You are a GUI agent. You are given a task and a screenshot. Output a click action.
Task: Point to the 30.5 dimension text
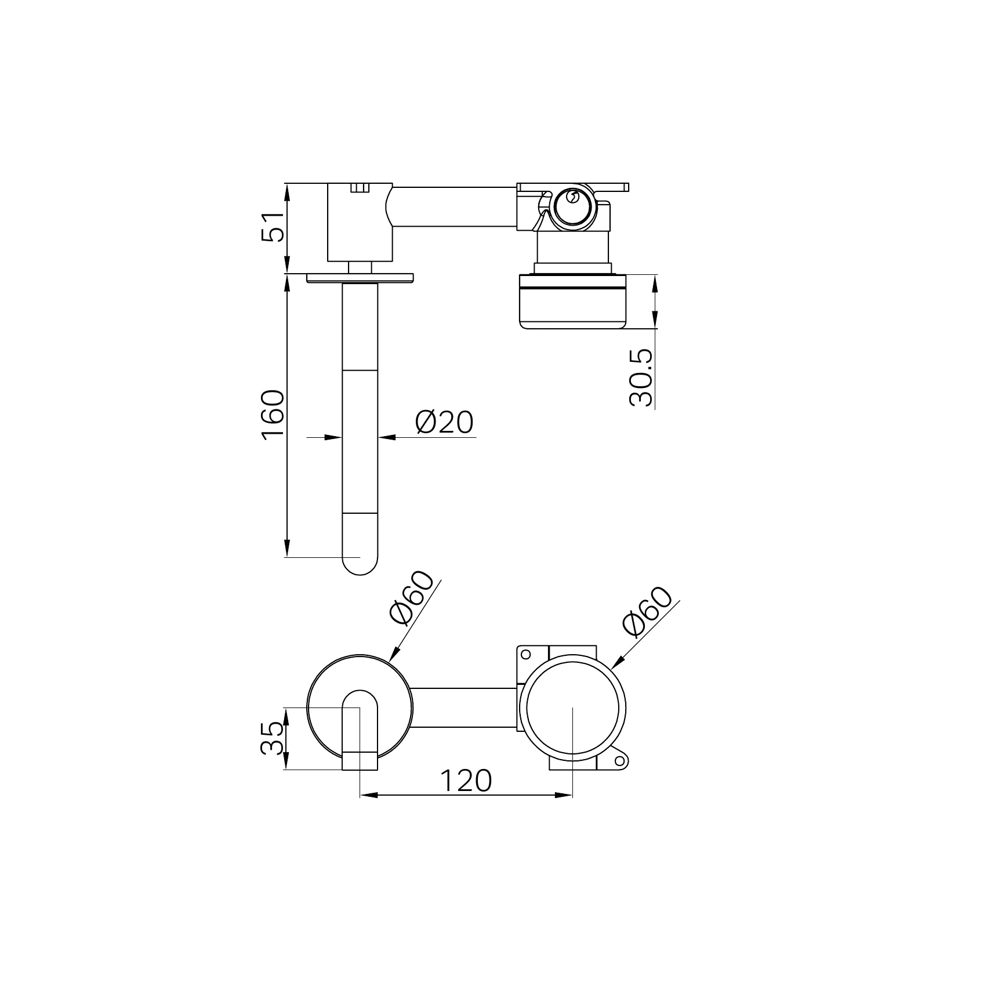(x=641, y=378)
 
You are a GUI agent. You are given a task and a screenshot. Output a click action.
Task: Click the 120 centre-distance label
(x=466, y=780)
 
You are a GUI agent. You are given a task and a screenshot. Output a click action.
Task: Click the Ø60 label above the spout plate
(x=412, y=598)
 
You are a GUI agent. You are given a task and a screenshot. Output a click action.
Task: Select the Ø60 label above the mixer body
(x=647, y=611)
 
